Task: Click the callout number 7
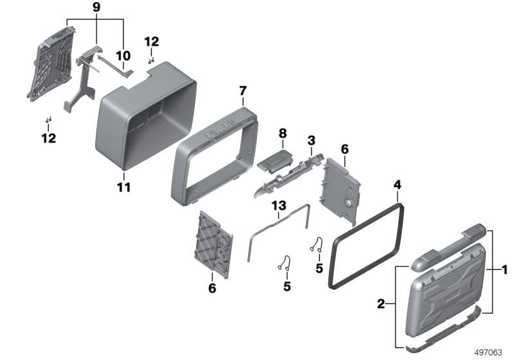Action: tap(242, 91)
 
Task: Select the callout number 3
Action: tap(311, 139)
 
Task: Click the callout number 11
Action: tap(124, 188)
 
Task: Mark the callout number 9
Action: tap(97, 8)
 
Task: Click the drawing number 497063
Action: tap(490, 352)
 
